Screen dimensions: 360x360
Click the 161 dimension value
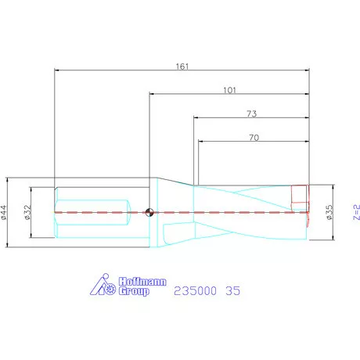(x=182, y=67)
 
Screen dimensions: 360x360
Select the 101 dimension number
(x=229, y=90)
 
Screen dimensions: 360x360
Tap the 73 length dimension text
(x=251, y=114)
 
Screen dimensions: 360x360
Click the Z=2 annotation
(x=355, y=211)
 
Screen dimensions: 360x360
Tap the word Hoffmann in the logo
(x=142, y=279)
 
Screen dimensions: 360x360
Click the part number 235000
(x=194, y=290)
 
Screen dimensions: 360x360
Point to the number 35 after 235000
(x=232, y=290)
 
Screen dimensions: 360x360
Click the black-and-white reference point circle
(x=149, y=211)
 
